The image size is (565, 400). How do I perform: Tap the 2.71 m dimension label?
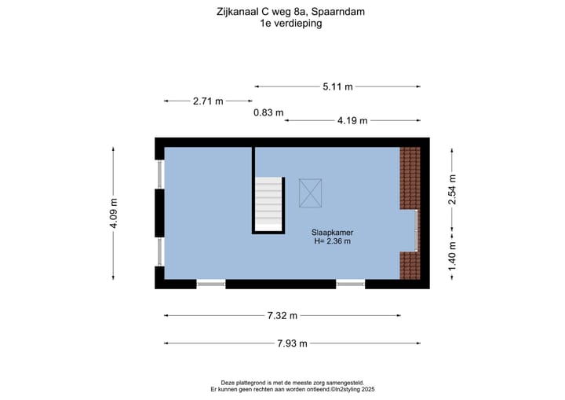(x=208, y=101)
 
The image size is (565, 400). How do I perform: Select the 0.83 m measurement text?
(x=268, y=112)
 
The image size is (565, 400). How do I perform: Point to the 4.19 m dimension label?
(x=352, y=121)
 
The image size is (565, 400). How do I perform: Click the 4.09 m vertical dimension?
(x=115, y=213)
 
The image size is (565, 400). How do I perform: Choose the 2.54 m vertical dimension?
(x=452, y=189)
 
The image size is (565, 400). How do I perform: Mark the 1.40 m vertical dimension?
(x=452, y=255)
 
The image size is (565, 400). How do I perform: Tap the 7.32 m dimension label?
(x=282, y=316)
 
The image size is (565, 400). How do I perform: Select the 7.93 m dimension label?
(x=292, y=343)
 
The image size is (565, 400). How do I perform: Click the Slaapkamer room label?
(x=330, y=232)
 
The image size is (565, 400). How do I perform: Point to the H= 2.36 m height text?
(x=330, y=241)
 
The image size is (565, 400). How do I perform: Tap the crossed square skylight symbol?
(x=310, y=193)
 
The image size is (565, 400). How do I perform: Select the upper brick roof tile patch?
(x=410, y=177)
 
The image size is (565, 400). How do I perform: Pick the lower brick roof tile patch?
(x=410, y=265)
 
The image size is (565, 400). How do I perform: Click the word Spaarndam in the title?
(x=338, y=12)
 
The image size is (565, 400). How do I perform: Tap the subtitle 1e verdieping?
(x=291, y=24)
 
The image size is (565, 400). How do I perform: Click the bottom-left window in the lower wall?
(x=211, y=283)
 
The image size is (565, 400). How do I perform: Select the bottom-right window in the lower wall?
(x=351, y=283)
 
